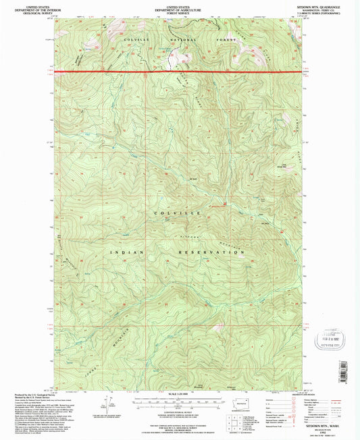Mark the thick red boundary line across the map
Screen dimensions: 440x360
pos(180,70)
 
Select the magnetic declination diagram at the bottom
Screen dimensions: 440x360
pos(105,404)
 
